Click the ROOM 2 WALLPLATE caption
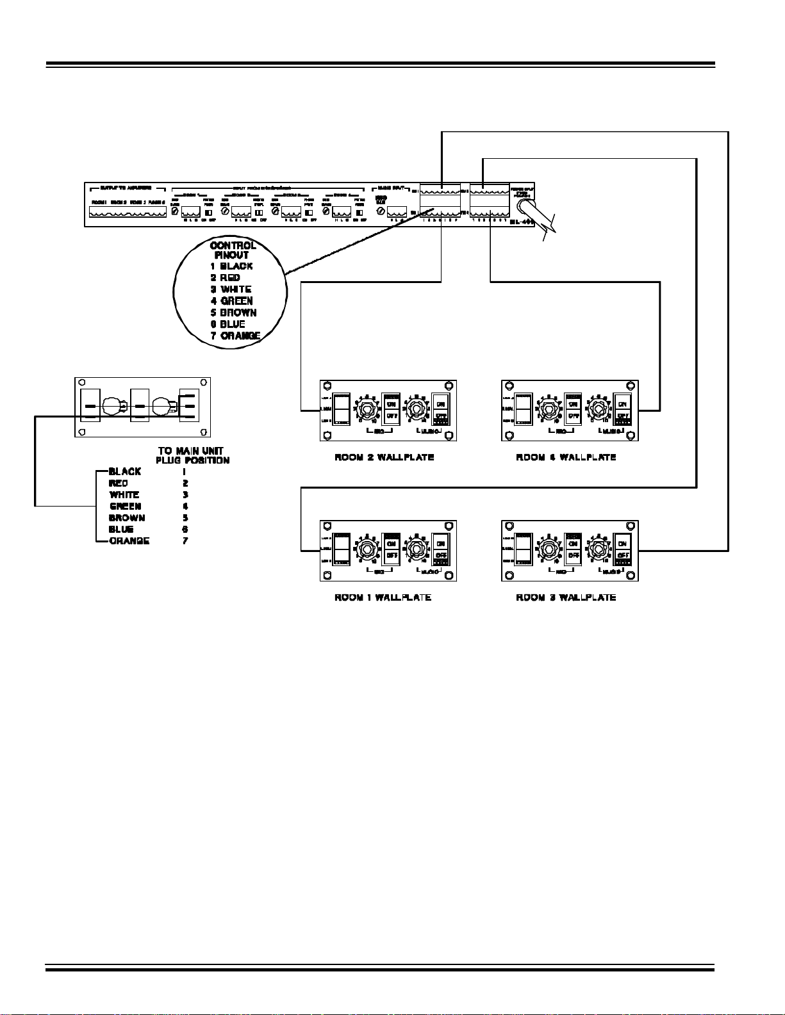click(x=384, y=457)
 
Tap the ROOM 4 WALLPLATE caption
click(x=566, y=457)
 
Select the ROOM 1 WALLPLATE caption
click(x=383, y=597)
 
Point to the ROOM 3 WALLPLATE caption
click(x=566, y=597)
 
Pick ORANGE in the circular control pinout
click(x=240, y=336)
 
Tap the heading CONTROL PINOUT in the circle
click(x=233, y=250)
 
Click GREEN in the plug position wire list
click(x=125, y=506)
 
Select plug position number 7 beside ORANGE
click(x=185, y=540)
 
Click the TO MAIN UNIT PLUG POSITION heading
click(x=192, y=455)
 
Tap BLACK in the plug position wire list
click(x=125, y=471)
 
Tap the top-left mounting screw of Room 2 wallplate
click(x=327, y=386)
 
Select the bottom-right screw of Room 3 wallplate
click(x=632, y=575)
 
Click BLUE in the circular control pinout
click(x=232, y=324)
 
